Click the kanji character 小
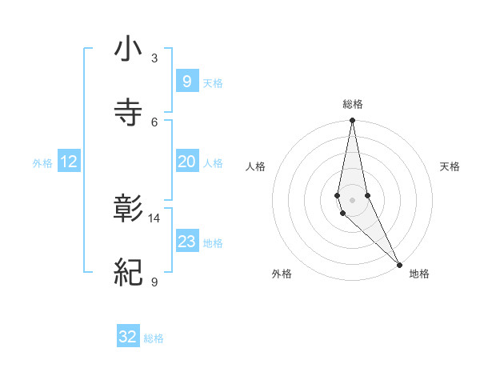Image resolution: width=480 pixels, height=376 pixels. (x=128, y=50)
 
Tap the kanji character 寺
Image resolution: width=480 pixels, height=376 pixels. (x=128, y=113)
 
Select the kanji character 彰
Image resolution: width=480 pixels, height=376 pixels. (x=128, y=210)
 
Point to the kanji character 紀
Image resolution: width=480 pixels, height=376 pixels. (x=128, y=273)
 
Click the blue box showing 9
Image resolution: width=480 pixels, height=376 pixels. (x=186, y=81)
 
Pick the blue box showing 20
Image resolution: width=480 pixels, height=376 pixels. (x=186, y=162)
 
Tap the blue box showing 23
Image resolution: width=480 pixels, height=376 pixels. (x=186, y=242)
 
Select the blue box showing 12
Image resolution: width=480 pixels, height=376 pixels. (x=69, y=162)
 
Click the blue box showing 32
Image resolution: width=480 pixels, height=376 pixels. (x=128, y=337)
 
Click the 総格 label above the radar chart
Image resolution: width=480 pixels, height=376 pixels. (x=353, y=104)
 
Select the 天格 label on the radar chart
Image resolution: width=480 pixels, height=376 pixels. (x=450, y=166)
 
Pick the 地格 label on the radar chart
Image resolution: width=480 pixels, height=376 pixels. (x=419, y=274)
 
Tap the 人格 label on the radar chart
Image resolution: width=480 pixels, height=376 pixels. (x=255, y=166)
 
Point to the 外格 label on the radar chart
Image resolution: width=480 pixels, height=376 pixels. (x=282, y=274)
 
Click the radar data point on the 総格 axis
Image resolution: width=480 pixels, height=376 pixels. (x=352, y=121)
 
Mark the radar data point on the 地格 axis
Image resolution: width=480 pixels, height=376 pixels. (x=399, y=264)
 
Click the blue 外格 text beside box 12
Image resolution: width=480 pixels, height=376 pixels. (x=42, y=163)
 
